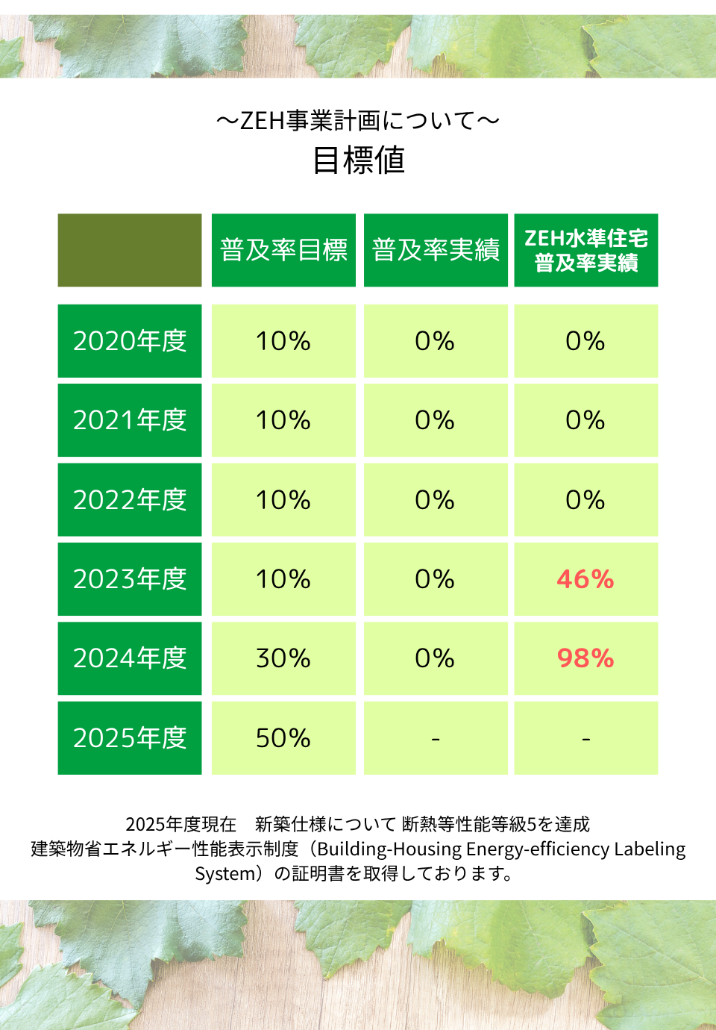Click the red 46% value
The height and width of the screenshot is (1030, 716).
coord(585,579)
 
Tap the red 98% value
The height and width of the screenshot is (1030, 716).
coord(585,658)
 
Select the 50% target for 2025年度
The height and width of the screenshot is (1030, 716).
coord(283,738)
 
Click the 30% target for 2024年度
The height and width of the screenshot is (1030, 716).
coord(283,658)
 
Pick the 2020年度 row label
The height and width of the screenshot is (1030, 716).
coord(130,341)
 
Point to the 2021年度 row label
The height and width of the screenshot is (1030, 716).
coord(130,420)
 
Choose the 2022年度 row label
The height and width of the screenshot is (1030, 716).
coord(130,500)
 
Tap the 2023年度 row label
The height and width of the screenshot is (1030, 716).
coord(130,579)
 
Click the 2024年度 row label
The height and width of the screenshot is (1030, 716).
coord(130,658)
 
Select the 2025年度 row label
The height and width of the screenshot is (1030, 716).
coord(130,738)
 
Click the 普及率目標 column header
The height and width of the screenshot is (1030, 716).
coord(283,250)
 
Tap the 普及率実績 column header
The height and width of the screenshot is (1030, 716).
coord(436,250)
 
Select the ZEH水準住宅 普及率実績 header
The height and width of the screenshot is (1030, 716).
coord(586,250)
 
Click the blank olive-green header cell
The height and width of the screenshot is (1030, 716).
coord(130,250)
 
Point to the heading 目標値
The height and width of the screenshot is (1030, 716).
coord(359,160)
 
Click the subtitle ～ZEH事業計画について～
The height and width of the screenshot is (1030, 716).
coord(358,120)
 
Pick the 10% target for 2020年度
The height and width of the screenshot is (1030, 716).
coord(283,341)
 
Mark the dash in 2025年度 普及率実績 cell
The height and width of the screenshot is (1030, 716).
coord(436,739)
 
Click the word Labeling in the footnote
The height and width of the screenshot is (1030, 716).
coord(650,849)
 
